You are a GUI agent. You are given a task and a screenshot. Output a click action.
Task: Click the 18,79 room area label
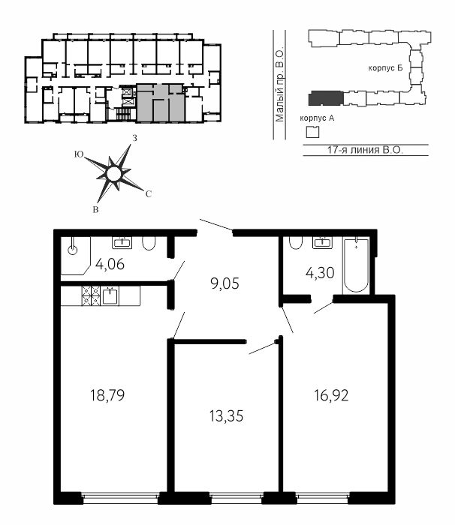(107, 395)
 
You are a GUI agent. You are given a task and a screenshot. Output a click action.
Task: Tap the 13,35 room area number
(226, 416)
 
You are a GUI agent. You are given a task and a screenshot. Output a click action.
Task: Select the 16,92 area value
(331, 395)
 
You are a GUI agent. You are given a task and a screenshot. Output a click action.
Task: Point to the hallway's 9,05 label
(224, 283)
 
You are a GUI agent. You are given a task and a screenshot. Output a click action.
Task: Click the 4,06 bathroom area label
(110, 264)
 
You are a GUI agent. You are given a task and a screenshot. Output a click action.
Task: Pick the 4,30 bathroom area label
(320, 273)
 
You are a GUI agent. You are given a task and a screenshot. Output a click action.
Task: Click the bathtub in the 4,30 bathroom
(356, 265)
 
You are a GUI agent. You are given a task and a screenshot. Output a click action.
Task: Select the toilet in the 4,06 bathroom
(149, 244)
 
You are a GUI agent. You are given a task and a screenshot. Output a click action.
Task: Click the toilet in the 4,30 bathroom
(296, 243)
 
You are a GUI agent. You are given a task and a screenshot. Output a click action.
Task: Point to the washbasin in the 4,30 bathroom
(322, 242)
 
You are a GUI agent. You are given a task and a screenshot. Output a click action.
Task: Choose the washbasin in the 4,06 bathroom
(122, 242)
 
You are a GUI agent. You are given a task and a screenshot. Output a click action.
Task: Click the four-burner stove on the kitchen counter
(91, 296)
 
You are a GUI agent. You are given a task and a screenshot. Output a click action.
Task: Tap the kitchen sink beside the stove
(110, 296)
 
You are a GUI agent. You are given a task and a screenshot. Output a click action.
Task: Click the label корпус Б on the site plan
(385, 68)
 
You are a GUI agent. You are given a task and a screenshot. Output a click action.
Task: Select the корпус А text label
(317, 118)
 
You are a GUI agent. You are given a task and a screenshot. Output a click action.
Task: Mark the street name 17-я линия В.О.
(365, 150)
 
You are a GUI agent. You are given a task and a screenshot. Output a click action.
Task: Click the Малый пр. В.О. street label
(279, 85)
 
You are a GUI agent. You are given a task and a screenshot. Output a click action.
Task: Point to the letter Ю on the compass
(79, 154)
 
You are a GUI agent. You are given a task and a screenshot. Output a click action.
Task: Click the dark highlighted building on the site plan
(326, 98)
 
